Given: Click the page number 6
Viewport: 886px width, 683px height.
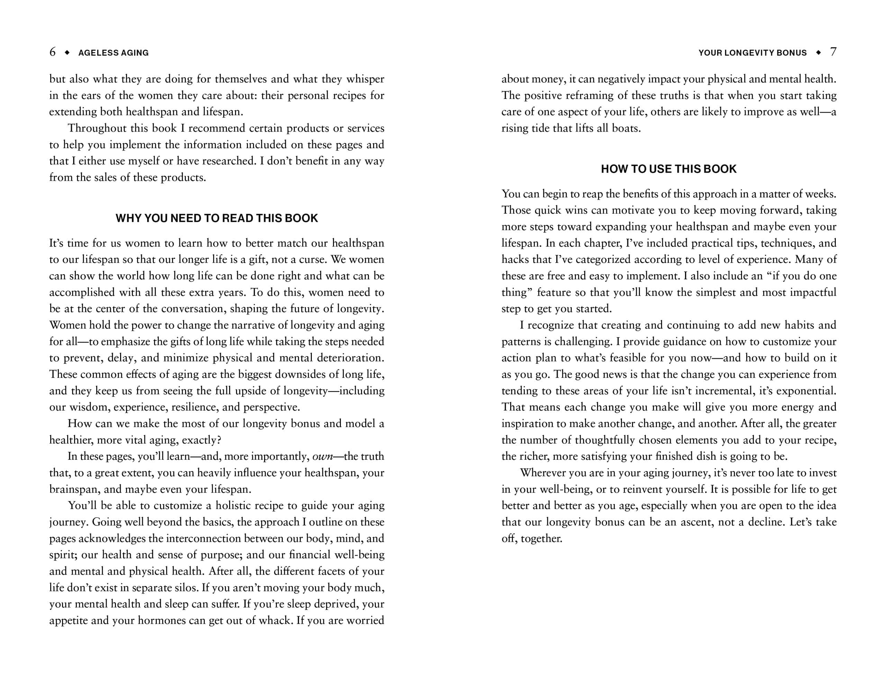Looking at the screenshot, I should (x=52, y=52).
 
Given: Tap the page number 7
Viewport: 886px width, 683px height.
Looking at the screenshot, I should (x=833, y=52).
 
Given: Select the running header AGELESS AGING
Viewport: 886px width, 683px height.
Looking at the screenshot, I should (x=113, y=53).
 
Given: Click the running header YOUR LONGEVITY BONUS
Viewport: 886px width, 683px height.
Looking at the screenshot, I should (x=752, y=53).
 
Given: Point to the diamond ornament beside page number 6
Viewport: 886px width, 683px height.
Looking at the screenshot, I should (x=67, y=52).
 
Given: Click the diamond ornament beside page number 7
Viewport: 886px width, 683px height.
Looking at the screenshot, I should (x=818, y=52).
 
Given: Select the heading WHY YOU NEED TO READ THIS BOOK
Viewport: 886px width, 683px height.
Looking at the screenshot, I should (x=217, y=218).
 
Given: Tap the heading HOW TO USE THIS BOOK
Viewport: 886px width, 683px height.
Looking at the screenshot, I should (x=669, y=169).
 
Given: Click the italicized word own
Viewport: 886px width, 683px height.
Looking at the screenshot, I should (x=323, y=457).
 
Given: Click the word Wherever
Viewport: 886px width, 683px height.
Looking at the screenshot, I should (x=542, y=473).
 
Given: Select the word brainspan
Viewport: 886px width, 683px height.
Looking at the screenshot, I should (x=73, y=489).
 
